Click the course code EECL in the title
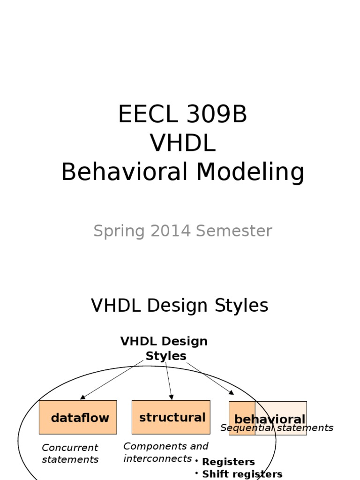[x=143, y=115]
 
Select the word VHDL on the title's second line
[x=182, y=143]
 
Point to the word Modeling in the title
[x=250, y=172]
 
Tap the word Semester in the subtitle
[x=234, y=231]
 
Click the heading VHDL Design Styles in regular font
[x=180, y=306]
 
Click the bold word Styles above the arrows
[x=166, y=356]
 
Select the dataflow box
[x=78, y=417]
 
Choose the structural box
[x=171, y=417]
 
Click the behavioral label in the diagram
[x=270, y=419]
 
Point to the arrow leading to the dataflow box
[x=112, y=379]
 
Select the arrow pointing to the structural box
[x=169, y=380]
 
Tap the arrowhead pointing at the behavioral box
[x=231, y=392]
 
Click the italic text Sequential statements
[x=277, y=428]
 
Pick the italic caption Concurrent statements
[x=70, y=453]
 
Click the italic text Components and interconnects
[x=165, y=452]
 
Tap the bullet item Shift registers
[x=242, y=474]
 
